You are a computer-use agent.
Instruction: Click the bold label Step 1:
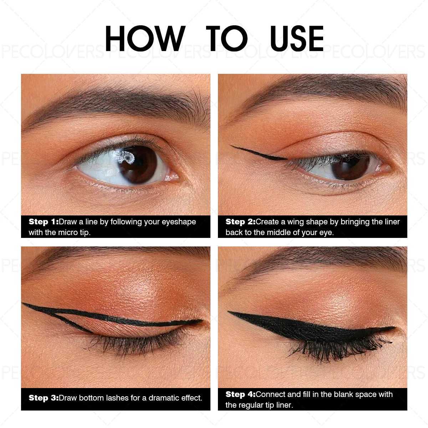44,222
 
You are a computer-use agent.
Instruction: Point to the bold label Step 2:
240,222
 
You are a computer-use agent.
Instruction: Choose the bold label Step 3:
44,398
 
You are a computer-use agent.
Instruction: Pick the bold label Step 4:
240,394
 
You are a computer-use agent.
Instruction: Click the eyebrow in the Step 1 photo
118,98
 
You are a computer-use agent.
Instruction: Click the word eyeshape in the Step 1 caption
179,222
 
